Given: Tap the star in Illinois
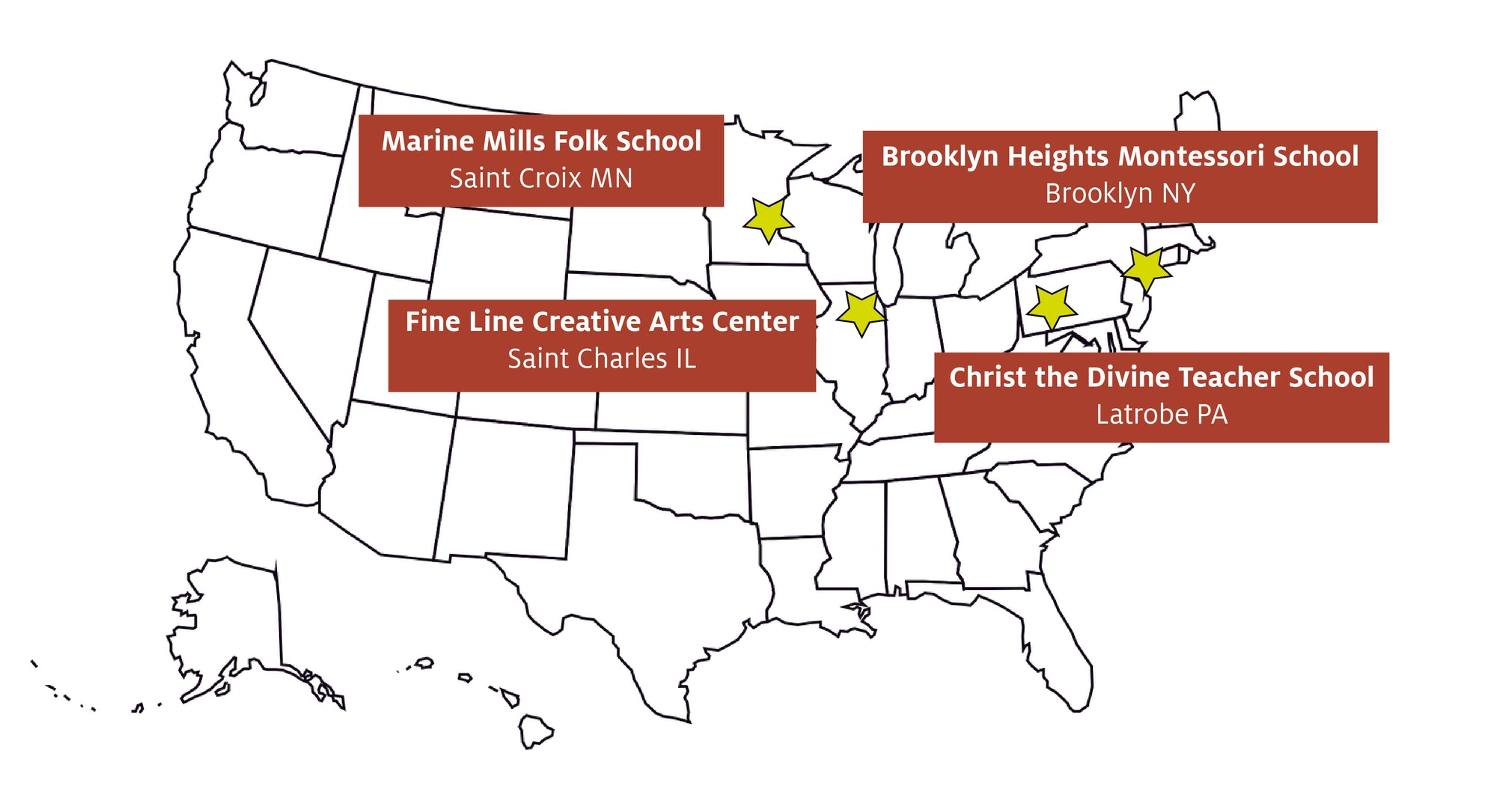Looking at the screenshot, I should pos(862,312).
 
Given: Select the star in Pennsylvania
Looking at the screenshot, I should pos(1052,306).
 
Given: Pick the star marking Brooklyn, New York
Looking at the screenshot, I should pos(1145,269).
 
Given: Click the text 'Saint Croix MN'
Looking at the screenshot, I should pos(540,178).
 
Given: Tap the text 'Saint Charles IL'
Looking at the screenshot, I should pos(602,359).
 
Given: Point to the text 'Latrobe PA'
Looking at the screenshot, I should pos(1162,414).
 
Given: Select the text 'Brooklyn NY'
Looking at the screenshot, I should pos(1120,193).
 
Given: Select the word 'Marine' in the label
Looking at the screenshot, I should pos(427,141).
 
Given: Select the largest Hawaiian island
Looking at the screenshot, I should pos(534,730).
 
